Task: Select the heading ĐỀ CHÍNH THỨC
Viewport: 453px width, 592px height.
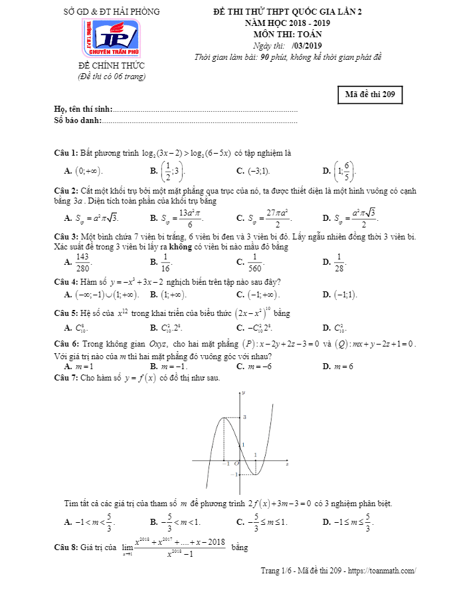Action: (111, 66)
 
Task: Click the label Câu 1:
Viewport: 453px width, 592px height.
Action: (66, 152)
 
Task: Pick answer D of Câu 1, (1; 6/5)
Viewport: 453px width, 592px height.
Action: (345, 171)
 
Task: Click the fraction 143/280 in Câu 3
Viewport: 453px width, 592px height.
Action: (83, 262)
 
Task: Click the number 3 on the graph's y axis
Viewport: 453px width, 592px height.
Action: (244, 416)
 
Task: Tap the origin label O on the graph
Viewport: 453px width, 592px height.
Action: (235, 464)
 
